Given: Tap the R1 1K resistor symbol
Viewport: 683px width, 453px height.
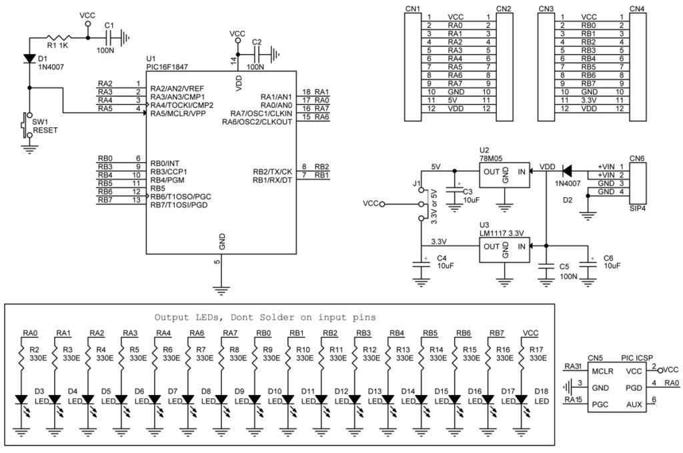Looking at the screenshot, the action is point(59,38).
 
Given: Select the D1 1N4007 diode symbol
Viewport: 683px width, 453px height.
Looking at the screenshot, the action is point(29,59).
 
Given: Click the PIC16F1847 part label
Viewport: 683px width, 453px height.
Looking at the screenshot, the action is point(167,67).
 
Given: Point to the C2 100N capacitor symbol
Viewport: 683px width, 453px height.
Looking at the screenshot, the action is point(258,55).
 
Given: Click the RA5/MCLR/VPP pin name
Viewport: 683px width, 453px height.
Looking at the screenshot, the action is point(177,113).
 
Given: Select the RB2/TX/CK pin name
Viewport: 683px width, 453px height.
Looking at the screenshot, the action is point(272,172).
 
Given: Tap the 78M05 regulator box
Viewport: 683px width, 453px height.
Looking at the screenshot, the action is point(504,175).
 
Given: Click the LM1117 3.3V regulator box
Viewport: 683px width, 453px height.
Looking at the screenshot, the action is point(504,250).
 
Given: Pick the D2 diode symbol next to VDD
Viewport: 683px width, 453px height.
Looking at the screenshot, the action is point(567,171).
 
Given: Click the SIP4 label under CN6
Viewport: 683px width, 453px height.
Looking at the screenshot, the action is point(637,209).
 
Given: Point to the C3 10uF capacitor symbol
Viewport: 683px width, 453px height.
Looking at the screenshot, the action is point(454,192).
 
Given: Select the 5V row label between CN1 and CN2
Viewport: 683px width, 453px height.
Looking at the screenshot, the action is point(453,100).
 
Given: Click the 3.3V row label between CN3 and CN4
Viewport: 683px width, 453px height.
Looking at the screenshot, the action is point(588,100).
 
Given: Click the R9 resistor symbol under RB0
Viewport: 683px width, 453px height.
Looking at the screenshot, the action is point(255,354).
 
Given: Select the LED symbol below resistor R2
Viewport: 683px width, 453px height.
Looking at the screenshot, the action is point(21,400).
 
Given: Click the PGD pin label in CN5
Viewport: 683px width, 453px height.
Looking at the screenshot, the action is point(634,388).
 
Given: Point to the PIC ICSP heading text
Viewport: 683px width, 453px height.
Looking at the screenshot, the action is point(637,358).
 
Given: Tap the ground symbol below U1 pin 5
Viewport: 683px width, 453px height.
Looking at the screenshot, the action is point(221,290).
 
